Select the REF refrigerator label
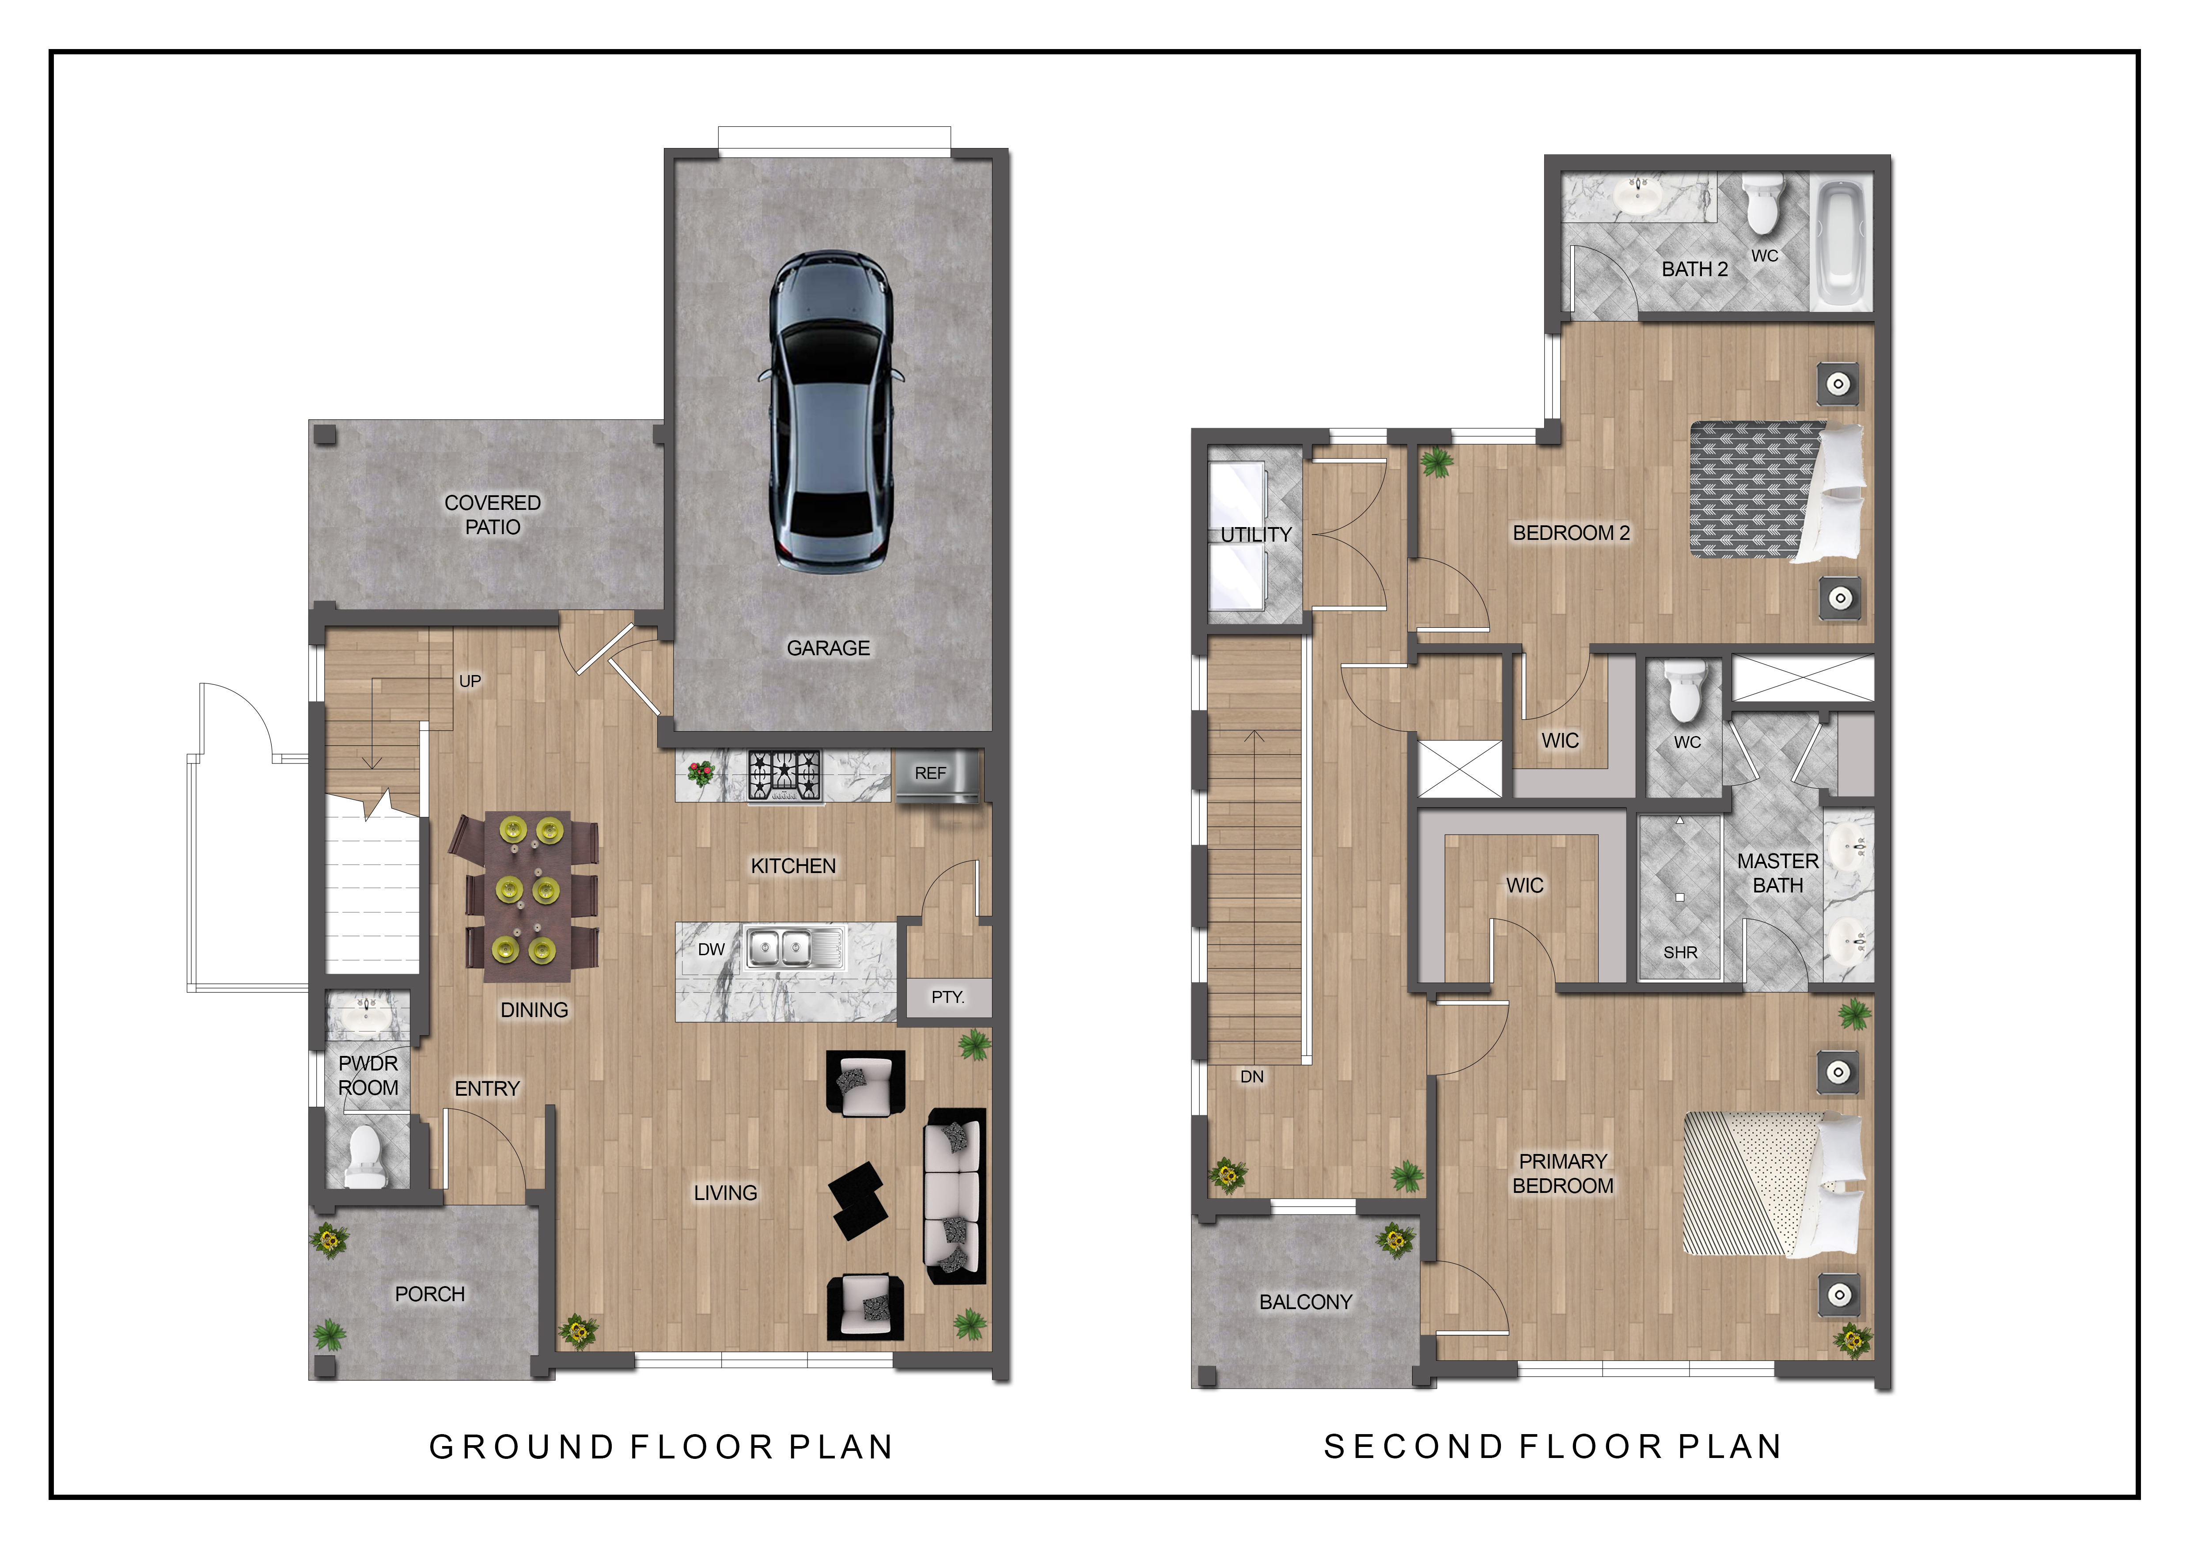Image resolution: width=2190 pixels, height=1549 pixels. [x=930, y=774]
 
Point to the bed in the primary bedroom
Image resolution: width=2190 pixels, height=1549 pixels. [x=1772, y=1184]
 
